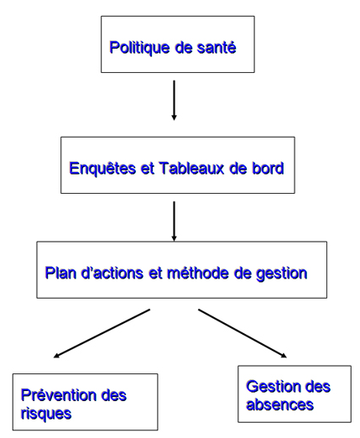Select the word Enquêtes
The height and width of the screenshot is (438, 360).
pos(102,169)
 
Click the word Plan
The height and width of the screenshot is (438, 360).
pos(60,273)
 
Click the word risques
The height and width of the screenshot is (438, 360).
pos(46,414)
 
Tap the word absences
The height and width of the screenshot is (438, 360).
pos(279,404)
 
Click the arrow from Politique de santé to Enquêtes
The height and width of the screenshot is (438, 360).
pos(174,101)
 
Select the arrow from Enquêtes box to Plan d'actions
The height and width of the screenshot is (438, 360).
pos(174,221)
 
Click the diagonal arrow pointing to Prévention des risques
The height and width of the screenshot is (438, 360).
pos(102,333)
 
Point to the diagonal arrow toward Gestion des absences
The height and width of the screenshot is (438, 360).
pos(243,333)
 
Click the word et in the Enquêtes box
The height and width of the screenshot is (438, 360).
pos(148,169)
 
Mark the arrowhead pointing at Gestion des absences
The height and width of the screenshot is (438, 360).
pos(284,356)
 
